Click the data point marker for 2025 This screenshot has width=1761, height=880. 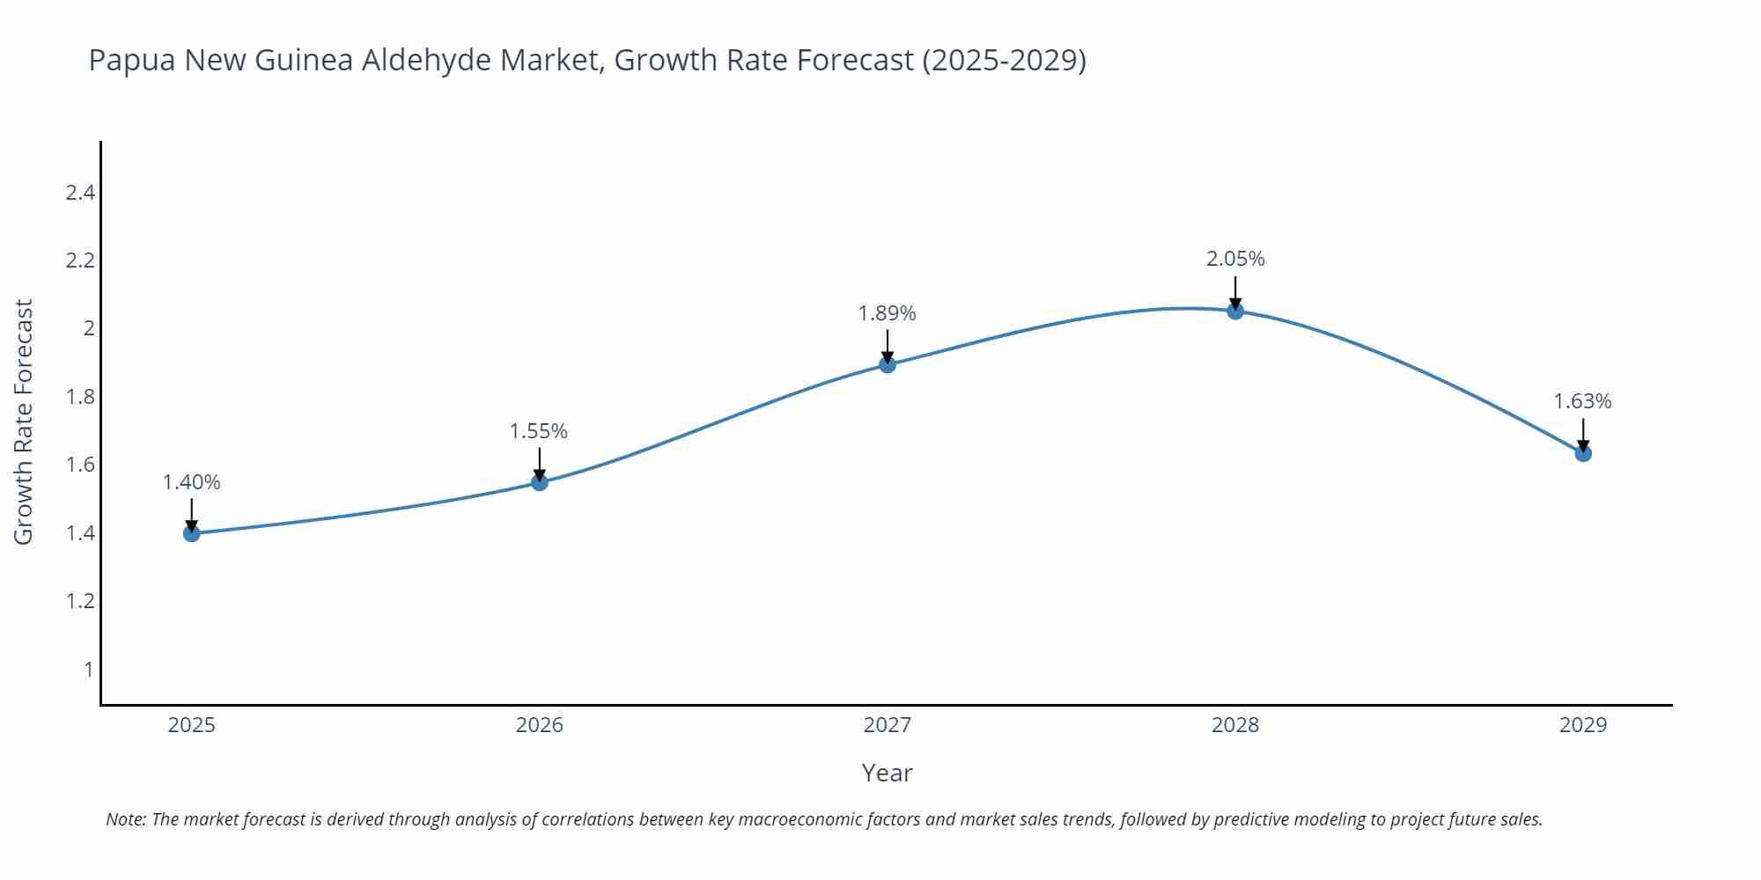click(x=192, y=533)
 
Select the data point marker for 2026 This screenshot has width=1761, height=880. click(x=540, y=482)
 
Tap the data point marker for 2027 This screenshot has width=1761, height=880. click(x=888, y=364)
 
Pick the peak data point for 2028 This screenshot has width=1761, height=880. click(x=1235, y=311)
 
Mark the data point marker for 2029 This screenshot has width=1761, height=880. click(x=1583, y=453)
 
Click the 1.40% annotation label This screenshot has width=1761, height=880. click(x=192, y=482)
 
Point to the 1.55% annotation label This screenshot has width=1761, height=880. click(x=539, y=431)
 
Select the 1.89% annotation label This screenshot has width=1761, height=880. click(x=888, y=313)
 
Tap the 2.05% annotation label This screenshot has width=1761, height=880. click(x=1235, y=259)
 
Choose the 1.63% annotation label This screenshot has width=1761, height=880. click(x=1582, y=401)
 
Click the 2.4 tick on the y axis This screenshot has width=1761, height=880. click(x=80, y=193)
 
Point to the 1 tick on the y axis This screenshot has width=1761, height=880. click(x=88, y=670)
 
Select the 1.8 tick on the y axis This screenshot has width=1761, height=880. click(x=80, y=397)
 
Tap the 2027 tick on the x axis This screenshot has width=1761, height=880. click(x=888, y=725)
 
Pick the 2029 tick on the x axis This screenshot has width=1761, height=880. click(x=1583, y=725)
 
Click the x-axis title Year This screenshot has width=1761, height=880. click(x=888, y=773)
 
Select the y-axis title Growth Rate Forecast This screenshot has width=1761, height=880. click(x=24, y=422)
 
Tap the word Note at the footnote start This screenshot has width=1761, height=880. click(x=125, y=819)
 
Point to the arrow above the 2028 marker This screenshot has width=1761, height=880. click(x=1235, y=292)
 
